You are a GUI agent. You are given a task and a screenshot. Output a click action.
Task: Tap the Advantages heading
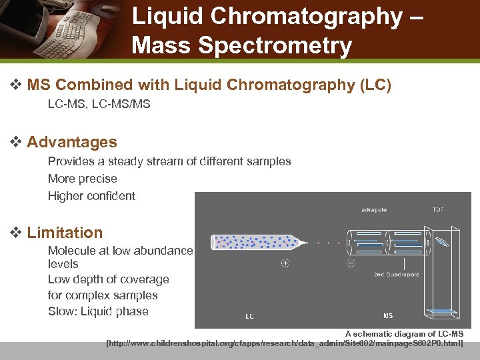[x=72, y=142]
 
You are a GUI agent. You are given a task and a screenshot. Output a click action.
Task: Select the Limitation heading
[x=65, y=233]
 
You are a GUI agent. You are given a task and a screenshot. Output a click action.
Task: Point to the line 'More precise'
[x=82, y=179]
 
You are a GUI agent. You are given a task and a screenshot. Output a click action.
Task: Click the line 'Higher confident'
[x=91, y=196]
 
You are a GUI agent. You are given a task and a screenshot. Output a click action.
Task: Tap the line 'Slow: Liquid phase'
[x=98, y=311]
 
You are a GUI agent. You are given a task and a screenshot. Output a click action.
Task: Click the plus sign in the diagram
[x=285, y=263]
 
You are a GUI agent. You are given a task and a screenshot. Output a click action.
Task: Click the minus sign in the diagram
[x=351, y=263]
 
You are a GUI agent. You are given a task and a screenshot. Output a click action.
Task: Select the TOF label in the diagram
[x=438, y=209]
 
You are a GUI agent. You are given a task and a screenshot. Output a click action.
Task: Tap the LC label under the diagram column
[x=249, y=316]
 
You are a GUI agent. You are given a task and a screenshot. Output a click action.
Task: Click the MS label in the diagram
[x=387, y=315]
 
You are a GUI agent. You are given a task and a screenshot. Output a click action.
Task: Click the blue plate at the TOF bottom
[x=443, y=310]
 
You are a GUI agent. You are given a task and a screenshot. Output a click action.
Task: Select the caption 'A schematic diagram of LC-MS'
[x=404, y=333]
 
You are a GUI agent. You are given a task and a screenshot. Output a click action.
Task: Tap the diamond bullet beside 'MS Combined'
[x=17, y=85]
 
